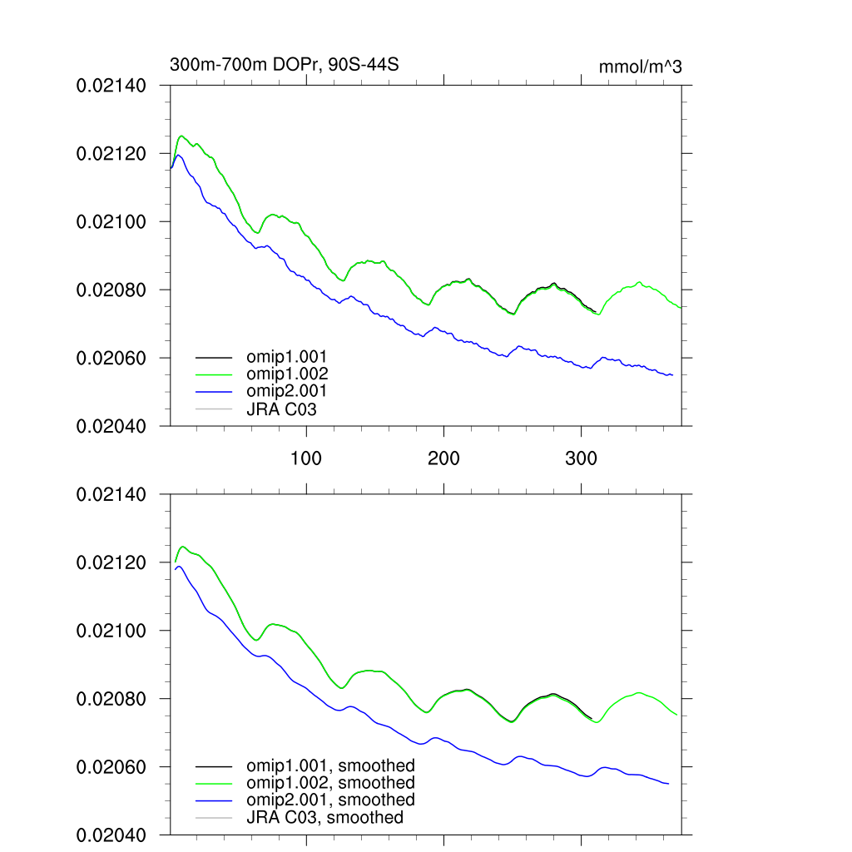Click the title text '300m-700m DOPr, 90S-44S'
pos(285,65)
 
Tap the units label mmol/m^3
pos(640,67)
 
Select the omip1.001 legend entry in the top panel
pos(287,356)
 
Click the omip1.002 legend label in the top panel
pos(287,374)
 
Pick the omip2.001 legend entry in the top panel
pos(287,390)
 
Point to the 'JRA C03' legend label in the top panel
pos(281,409)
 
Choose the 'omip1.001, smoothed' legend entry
pos(330,765)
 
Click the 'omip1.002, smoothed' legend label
pos(330,783)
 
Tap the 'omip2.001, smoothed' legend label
pos(330,800)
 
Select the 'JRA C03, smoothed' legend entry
pos(324,818)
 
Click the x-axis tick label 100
pos(306,458)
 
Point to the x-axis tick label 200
pos(443,458)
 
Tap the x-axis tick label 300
pos(581,458)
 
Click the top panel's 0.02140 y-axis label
pos(111,85)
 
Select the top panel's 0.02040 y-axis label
pos(111,426)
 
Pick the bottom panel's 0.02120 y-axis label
pos(111,562)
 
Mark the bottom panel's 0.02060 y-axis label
pos(111,767)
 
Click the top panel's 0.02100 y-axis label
pos(111,221)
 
